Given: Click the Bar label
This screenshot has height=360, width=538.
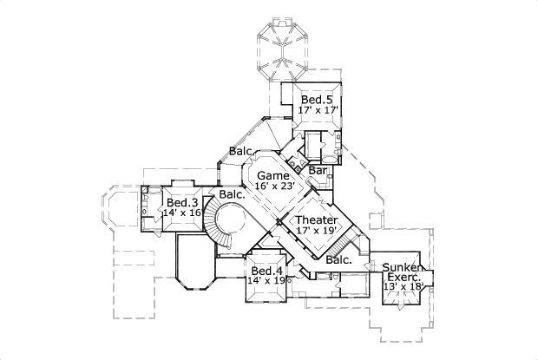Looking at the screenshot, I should coord(318,171).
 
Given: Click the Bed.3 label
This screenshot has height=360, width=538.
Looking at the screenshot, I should coord(183,202).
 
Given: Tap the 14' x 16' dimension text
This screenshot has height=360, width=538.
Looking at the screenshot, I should coord(182,213).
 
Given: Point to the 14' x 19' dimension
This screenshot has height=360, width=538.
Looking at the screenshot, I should coord(266,281).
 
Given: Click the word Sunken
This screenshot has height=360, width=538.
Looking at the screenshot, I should coord(402,267).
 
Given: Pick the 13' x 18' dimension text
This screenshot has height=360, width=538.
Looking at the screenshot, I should coord(403,287).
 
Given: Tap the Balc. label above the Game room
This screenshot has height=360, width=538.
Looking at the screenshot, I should coord(241,153).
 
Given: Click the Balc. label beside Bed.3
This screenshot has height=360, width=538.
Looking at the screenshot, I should coord(230,194).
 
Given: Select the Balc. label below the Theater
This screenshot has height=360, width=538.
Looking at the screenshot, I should coord(338,259).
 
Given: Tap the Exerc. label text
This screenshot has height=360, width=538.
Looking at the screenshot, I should coord(403,277).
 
